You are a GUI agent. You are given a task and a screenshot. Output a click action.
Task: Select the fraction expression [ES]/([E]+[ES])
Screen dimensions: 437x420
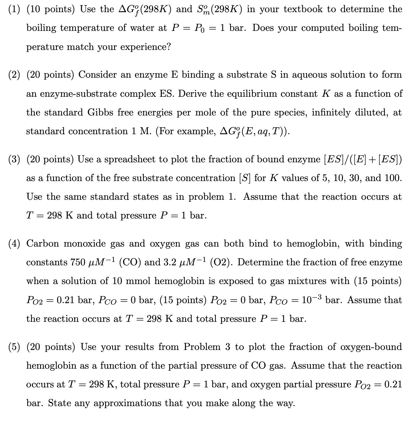point(362,159)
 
